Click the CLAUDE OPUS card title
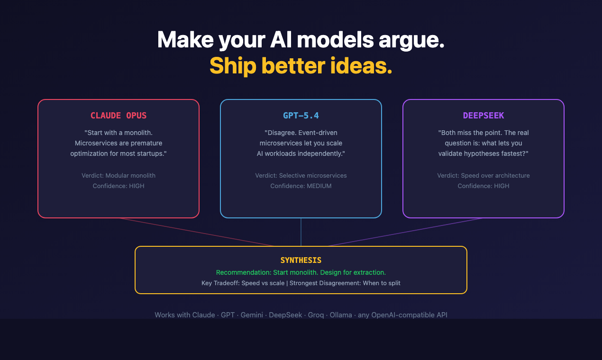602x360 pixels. click(119, 116)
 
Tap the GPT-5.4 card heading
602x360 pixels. click(301, 116)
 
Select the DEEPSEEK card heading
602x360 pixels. click(483, 116)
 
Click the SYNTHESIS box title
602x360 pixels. click(301, 260)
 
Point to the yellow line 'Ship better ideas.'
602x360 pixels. click(301, 65)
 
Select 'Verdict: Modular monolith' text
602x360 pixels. click(119, 175)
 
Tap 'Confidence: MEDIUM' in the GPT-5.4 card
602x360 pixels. click(301, 186)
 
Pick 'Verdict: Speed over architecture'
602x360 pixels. click(483, 175)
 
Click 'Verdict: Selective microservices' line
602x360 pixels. click(301, 175)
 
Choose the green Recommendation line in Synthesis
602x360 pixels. click(301, 272)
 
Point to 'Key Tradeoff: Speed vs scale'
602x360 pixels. click(243, 283)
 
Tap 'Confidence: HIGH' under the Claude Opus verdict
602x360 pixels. click(119, 186)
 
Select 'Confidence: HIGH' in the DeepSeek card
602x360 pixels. click(483, 186)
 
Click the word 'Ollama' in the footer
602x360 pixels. click(340, 315)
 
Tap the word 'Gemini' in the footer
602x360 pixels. click(252, 315)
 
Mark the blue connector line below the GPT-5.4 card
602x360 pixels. click(301, 232)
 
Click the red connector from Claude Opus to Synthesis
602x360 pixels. click(197, 232)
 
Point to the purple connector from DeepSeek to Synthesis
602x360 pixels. click(405, 232)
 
